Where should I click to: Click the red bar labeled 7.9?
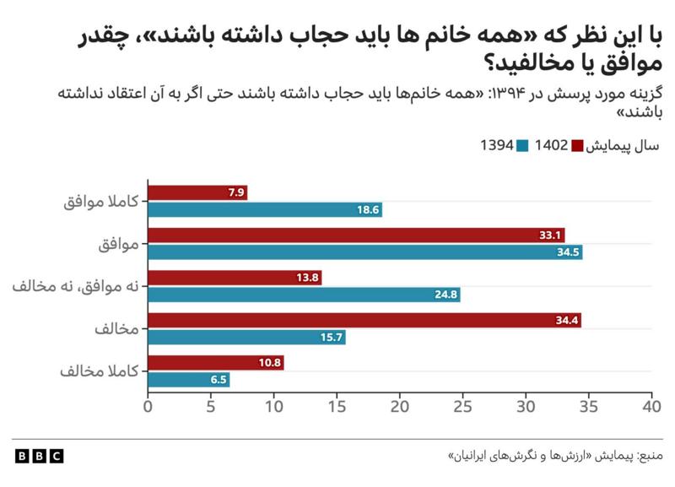(197, 192)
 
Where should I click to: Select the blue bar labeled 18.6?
(265, 209)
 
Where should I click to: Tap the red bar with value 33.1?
(356, 235)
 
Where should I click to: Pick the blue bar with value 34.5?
(365, 252)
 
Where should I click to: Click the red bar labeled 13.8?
(235, 278)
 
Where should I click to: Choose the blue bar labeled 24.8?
(304, 295)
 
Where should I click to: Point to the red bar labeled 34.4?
(364, 321)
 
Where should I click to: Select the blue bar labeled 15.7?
(246, 337)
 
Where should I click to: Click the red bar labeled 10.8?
(216, 363)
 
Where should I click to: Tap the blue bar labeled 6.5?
(188, 380)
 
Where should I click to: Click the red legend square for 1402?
(577, 145)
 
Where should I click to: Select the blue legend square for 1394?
(522, 145)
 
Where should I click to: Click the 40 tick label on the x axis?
(651, 407)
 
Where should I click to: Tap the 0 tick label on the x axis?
(148, 407)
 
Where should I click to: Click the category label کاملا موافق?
(101, 202)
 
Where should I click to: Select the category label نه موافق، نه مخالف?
(76, 286)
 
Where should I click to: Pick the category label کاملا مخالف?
(100, 371)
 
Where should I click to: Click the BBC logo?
(39, 456)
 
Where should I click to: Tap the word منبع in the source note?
(651, 456)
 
